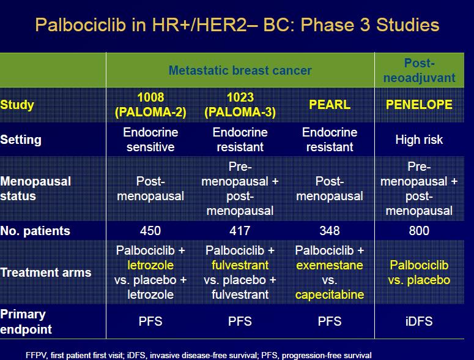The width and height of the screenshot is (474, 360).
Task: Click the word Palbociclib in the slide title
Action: (x=80, y=24)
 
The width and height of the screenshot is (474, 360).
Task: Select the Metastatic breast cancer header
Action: (x=240, y=70)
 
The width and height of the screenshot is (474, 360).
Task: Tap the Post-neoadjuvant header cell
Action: (x=419, y=70)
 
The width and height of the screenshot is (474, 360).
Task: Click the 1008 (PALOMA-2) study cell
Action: (x=150, y=105)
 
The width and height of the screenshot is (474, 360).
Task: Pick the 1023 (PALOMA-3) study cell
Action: (x=240, y=105)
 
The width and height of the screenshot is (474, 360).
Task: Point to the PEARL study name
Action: (x=330, y=105)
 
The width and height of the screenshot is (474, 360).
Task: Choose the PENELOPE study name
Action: (x=419, y=105)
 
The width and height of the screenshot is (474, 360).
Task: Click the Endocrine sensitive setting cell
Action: (x=150, y=140)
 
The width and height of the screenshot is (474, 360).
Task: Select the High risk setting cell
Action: (x=419, y=140)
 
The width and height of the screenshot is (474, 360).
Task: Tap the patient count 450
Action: (x=150, y=231)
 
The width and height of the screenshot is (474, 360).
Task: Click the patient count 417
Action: (x=240, y=231)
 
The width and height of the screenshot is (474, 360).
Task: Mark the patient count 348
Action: (x=330, y=231)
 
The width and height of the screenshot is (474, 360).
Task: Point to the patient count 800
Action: (x=419, y=231)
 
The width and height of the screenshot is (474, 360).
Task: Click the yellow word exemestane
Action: (x=330, y=265)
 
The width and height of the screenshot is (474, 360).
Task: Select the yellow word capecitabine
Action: (x=330, y=294)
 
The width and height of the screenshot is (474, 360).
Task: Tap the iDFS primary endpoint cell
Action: (x=419, y=321)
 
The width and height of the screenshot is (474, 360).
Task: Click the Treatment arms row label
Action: (x=46, y=272)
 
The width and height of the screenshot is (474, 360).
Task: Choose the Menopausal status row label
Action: (x=35, y=189)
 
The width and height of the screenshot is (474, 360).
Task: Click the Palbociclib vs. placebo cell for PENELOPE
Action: (x=419, y=272)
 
